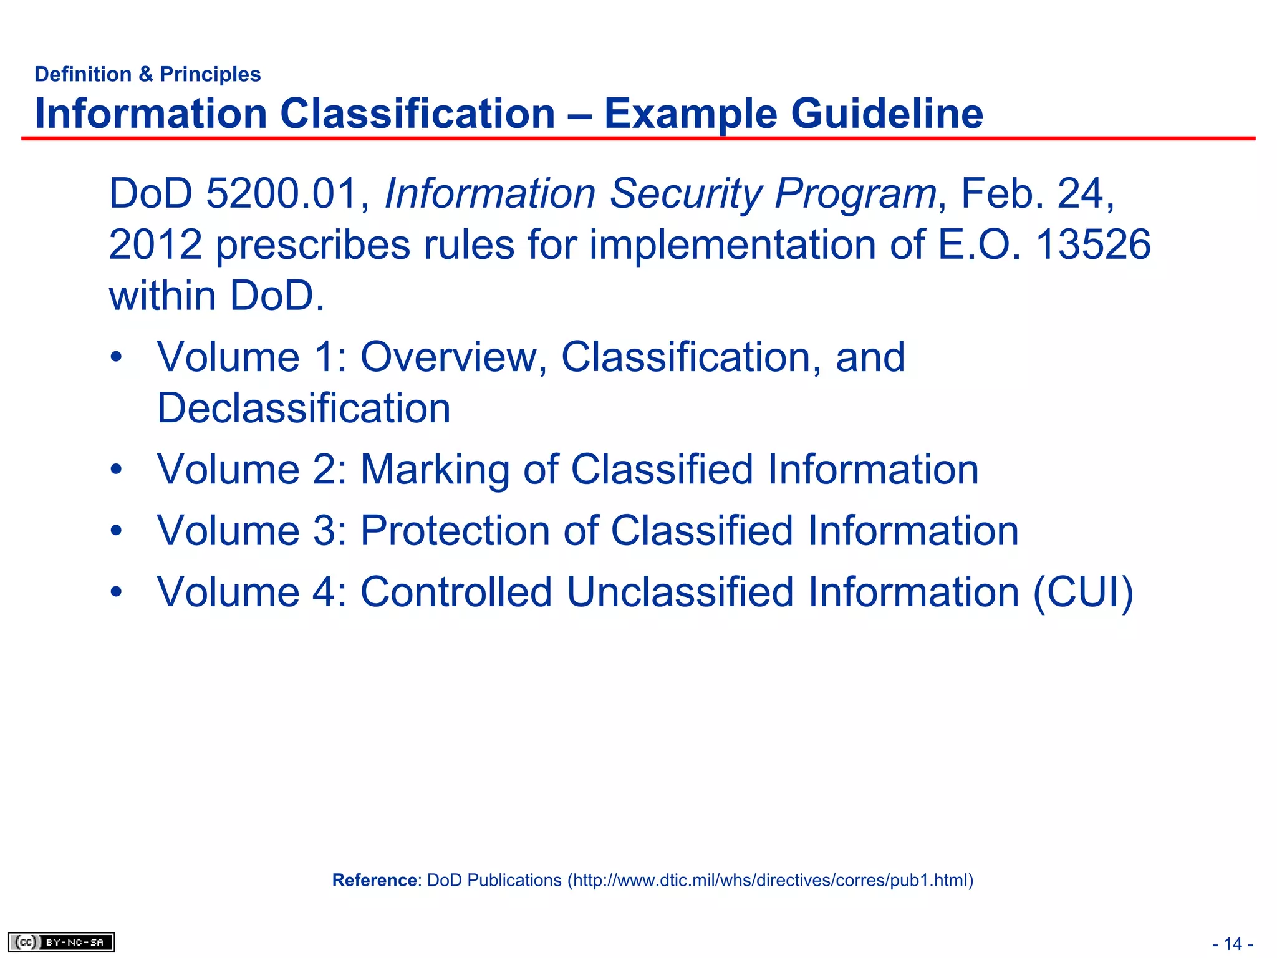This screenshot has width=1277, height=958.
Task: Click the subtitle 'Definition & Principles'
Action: coord(147,74)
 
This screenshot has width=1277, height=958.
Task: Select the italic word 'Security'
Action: coord(685,195)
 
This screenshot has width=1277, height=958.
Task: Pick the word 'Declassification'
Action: coord(304,408)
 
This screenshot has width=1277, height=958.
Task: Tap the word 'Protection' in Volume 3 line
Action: coord(455,531)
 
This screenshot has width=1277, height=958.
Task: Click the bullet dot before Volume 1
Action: coord(116,358)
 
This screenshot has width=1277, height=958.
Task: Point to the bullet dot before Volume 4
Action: coord(116,592)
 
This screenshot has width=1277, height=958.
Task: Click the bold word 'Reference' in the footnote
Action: coord(374,880)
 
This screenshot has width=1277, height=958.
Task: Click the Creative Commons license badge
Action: coord(61,942)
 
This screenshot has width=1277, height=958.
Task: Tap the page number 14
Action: coord(1233,944)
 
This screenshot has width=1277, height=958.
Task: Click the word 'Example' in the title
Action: coord(690,114)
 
